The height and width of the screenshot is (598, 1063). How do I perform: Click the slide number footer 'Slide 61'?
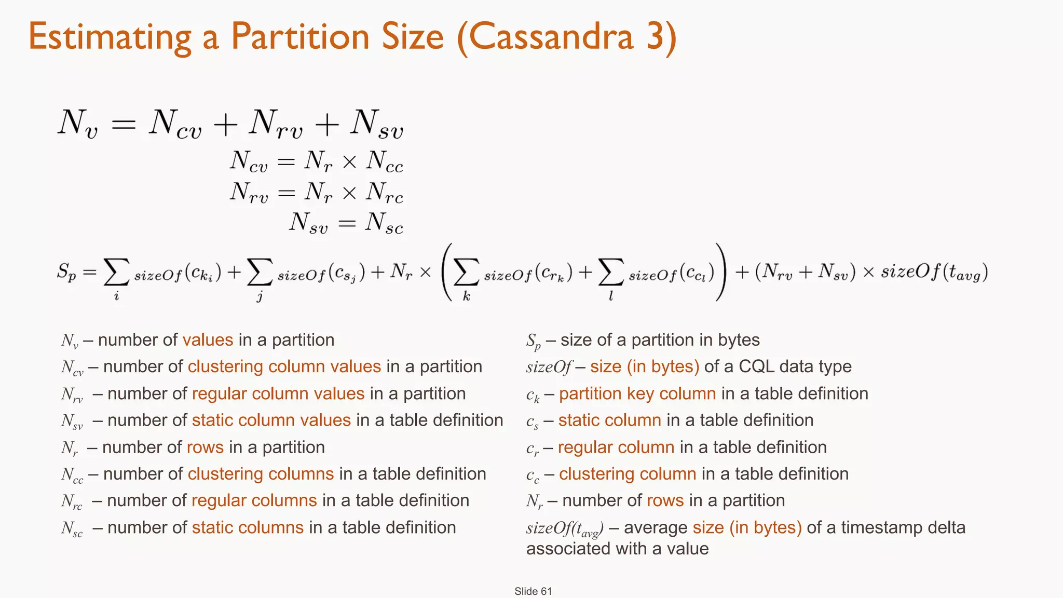[533, 591]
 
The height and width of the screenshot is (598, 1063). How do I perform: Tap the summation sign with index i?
[116, 272]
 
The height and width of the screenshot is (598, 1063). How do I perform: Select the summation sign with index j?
[260, 272]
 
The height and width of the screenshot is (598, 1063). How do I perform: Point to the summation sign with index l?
[610, 272]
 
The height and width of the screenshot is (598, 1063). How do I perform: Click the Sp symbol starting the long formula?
[66, 272]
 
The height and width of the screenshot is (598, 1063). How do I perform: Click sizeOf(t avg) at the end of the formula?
[934, 272]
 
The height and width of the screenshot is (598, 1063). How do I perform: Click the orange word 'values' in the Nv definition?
[208, 340]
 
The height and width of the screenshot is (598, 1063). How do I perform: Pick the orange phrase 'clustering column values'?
[284, 366]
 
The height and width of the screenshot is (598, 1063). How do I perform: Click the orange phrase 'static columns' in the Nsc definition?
[248, 527]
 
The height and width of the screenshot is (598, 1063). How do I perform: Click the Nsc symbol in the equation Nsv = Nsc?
[384, 223]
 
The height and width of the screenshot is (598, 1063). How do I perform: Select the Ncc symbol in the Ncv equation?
[384, 162]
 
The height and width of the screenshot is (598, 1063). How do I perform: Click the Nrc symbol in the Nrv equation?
[384, 193]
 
